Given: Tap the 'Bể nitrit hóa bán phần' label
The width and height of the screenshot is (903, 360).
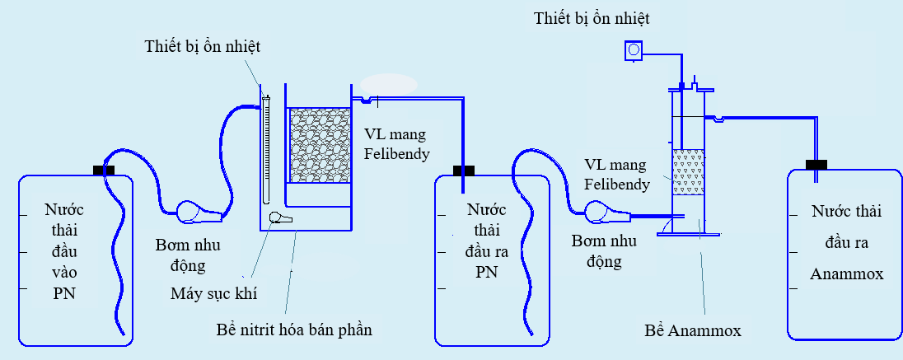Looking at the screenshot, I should click(292, 330).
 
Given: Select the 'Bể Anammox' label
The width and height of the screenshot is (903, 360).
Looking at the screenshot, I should click(693, 331).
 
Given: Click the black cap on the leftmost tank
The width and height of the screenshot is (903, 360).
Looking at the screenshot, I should click(105, 171).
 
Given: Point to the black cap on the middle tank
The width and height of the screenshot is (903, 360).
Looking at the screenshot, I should click(465, 171).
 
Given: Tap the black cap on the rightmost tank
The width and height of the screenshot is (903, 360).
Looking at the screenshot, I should click(816, 165).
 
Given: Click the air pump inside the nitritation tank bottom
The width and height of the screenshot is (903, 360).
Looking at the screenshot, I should click(280, 217).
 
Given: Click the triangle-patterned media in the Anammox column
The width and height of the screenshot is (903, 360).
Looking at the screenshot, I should click(689, 172).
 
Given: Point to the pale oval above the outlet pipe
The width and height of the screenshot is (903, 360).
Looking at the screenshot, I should click(389, 85).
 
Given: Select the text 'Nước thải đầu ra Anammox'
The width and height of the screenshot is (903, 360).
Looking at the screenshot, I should click(846, 242).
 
